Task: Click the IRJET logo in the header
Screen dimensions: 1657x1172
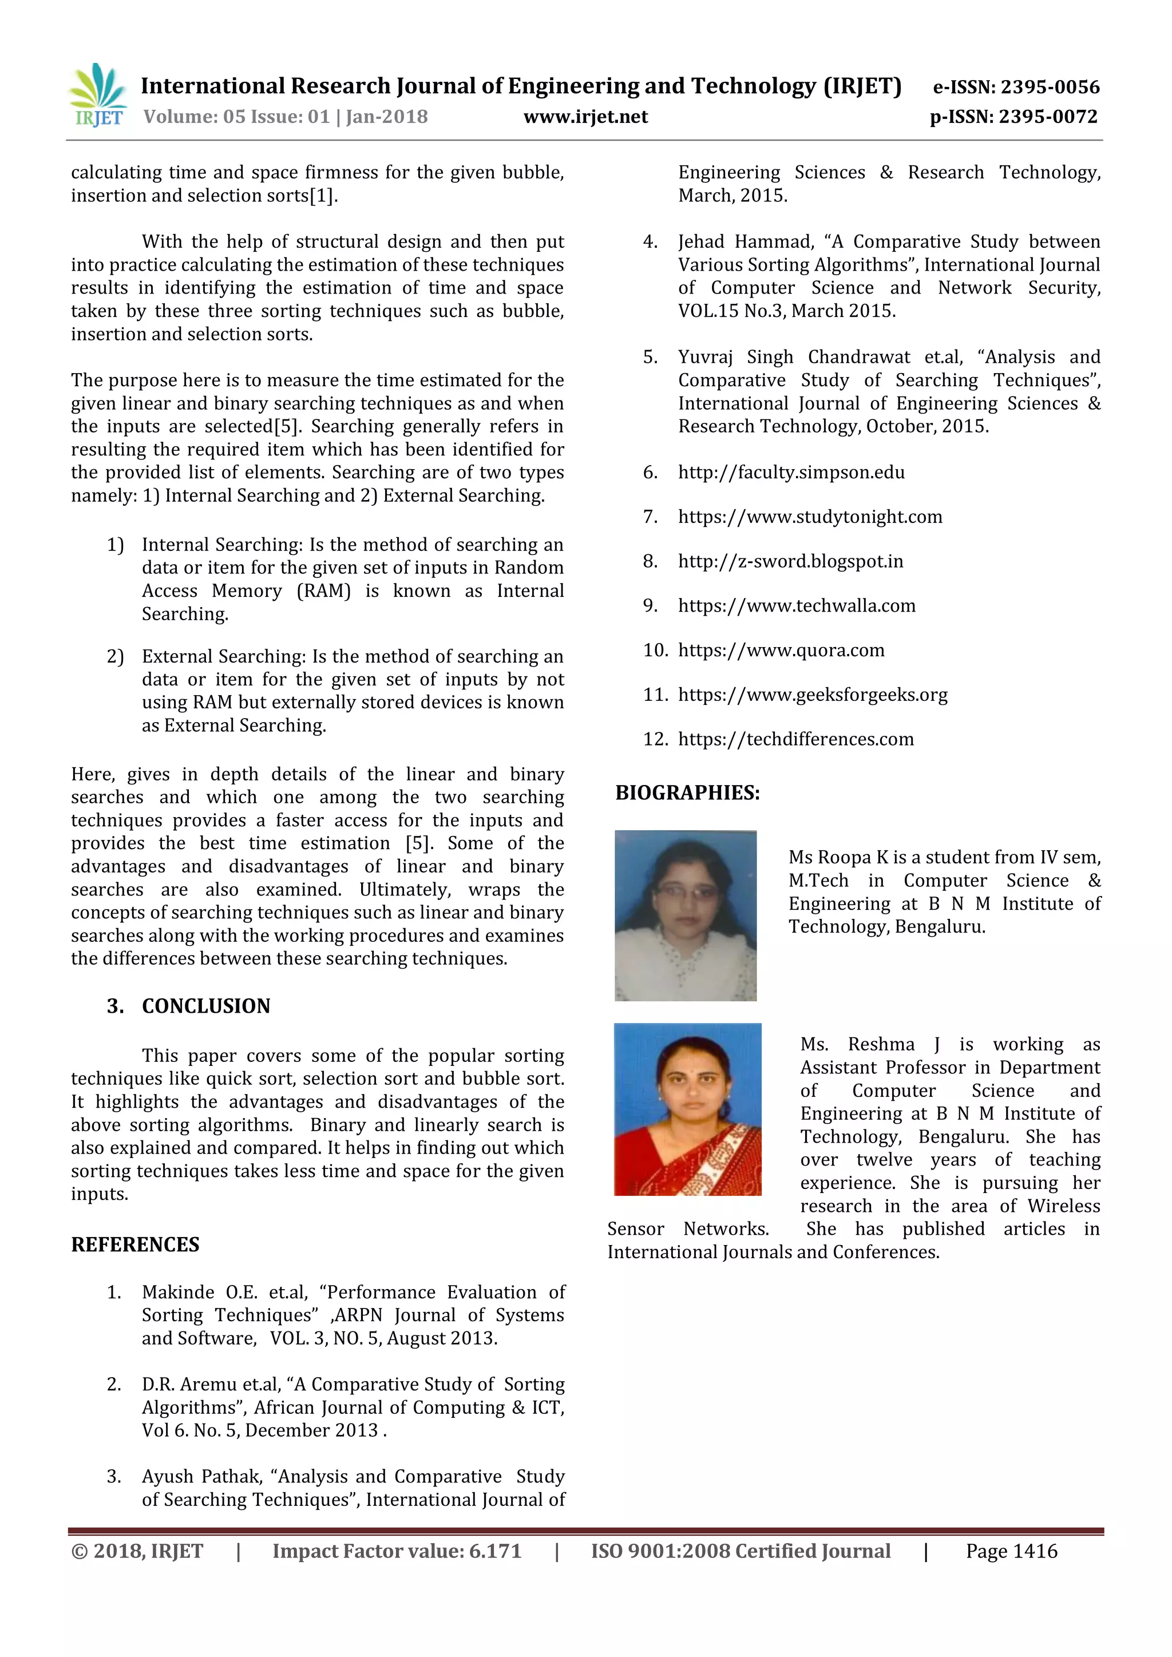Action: click(97, 95)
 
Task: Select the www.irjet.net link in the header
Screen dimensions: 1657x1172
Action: click(585, 117)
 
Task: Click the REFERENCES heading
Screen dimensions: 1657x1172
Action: click(135, 1244)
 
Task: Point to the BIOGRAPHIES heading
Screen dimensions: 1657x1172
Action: click(687, 792)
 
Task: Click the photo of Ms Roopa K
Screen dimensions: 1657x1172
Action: click(685, 915)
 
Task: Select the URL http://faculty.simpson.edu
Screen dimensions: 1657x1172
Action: click(791, 472)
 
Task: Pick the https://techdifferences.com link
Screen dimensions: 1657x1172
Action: click(795, 739)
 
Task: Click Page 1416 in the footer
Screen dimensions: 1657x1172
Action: click(1011, 1551)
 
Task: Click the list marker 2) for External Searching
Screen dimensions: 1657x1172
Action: click(116, 657)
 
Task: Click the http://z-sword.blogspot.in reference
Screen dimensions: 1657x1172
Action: click(790, 561)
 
